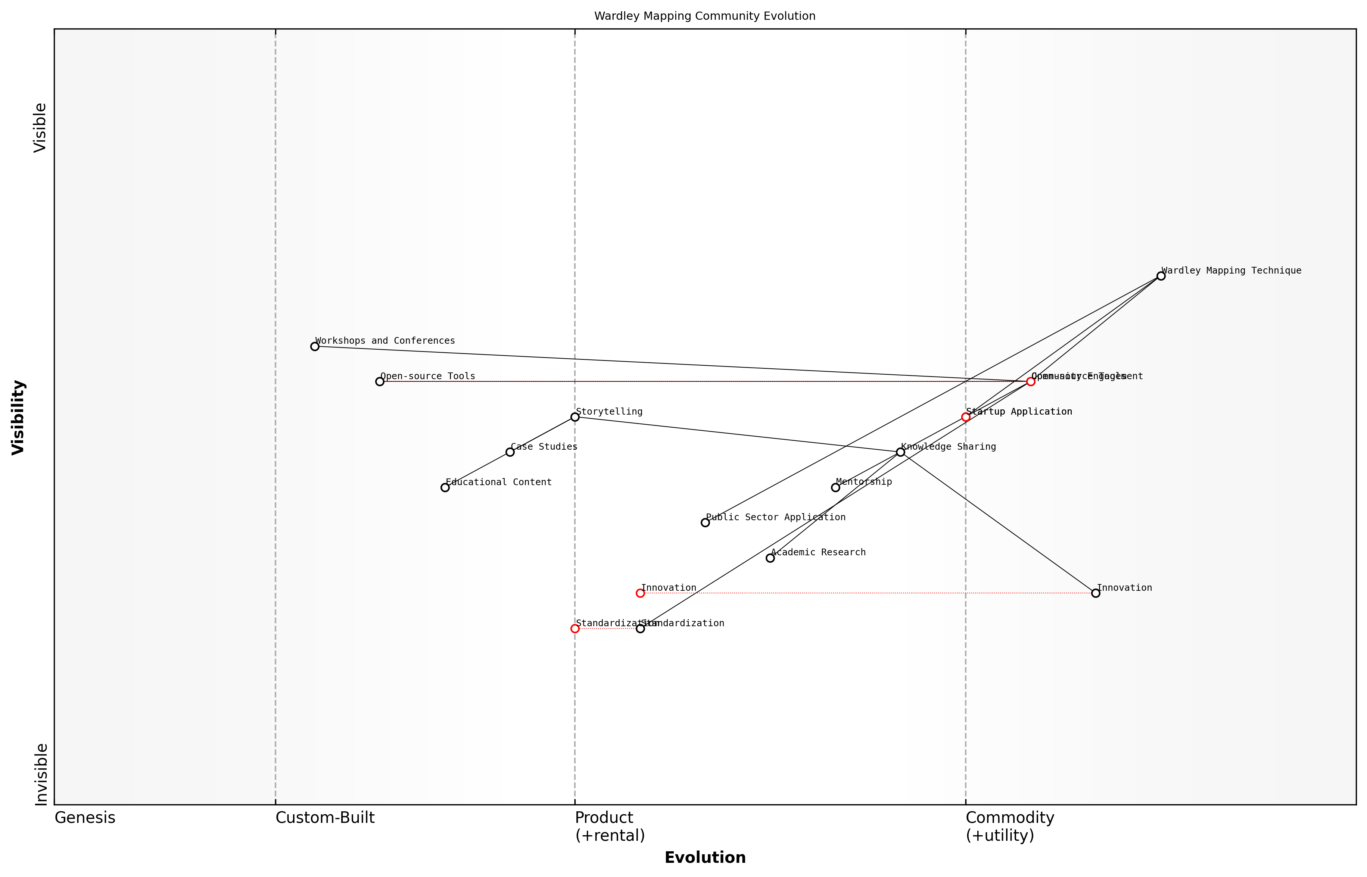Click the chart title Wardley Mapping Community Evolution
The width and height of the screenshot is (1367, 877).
click(x=704, y=16)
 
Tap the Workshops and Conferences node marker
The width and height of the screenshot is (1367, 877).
click(x=314, y=346)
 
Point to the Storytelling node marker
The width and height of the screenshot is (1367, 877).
click(x=575, y=417)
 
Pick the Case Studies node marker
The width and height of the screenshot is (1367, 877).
click(x=510, y=452)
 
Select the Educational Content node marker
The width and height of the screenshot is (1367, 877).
click(x=445, y=487)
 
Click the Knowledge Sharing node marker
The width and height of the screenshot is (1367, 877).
click(x=900, y=452)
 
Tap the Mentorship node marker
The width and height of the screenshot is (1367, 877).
click(x=835, y=487)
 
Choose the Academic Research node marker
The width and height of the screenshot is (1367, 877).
click(x=770, y=558)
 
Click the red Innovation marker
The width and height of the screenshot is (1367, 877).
click(x=640, y=593)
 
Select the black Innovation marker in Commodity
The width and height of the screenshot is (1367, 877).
click(x=1095, y=593)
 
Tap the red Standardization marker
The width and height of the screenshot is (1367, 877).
click(x=575, y=629)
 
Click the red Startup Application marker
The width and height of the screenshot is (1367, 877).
click(x=965, y=417)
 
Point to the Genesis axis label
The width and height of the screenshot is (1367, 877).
click(x=85, y=818)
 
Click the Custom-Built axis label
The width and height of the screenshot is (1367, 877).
click(x=325, y=818)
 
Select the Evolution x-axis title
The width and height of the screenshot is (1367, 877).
click(x=704, y=858)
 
